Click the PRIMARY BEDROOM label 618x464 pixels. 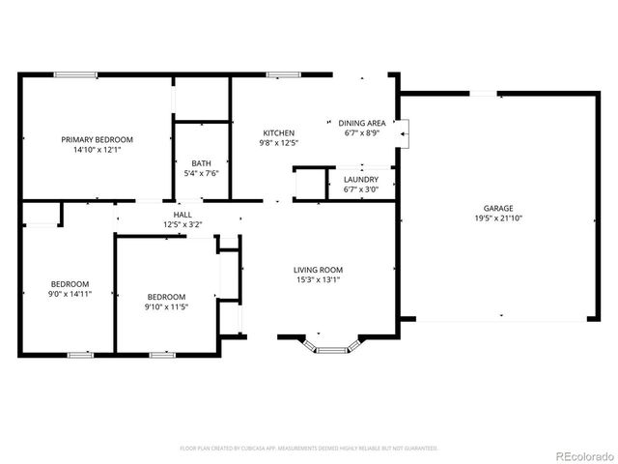(97, 139)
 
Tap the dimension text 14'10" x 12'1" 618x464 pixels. (97, 151)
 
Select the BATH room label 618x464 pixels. (201, 163)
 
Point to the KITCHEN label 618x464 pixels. (279, 132)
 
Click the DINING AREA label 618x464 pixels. (362, 123)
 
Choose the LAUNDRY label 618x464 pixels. (361, 179)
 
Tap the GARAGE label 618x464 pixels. (498, 208)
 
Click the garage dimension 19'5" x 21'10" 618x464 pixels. (498, 218)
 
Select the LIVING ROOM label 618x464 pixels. (319, 270)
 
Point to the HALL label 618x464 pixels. (183, 215)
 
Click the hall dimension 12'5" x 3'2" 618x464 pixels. (183, 225)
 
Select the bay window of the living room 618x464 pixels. (334, 346)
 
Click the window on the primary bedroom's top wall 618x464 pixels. (74, 73)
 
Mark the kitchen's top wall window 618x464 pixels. (282, 73)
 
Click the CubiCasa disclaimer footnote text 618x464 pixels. (309, 449)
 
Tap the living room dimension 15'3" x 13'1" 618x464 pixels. (319, 280)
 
